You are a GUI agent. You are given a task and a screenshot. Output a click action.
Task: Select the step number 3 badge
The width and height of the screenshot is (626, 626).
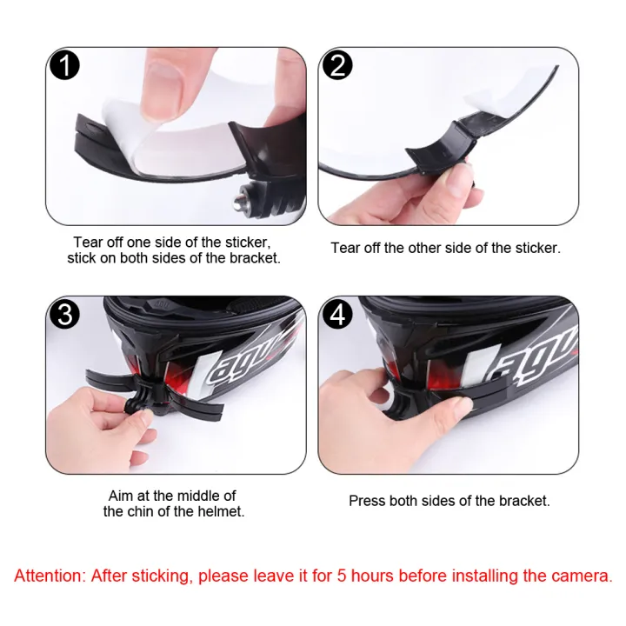pyautogui.click(x=65, y=314)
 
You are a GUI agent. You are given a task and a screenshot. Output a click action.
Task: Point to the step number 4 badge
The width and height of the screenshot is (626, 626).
pyautogui.click(x=337, y=314)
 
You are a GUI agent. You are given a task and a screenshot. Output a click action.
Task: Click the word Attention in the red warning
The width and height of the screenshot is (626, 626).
pyautogui.click(x=48, y=576)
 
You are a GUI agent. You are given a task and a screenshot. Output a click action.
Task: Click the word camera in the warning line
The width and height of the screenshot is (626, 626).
pyautogui.click(x=583, y=576)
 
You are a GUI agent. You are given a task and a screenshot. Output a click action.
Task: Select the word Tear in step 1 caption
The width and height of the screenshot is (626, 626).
pyautogui.click(x=89, y=242)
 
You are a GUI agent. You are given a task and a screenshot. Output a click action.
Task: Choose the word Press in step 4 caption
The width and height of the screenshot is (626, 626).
pyautogui.click(x=367, y=501)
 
